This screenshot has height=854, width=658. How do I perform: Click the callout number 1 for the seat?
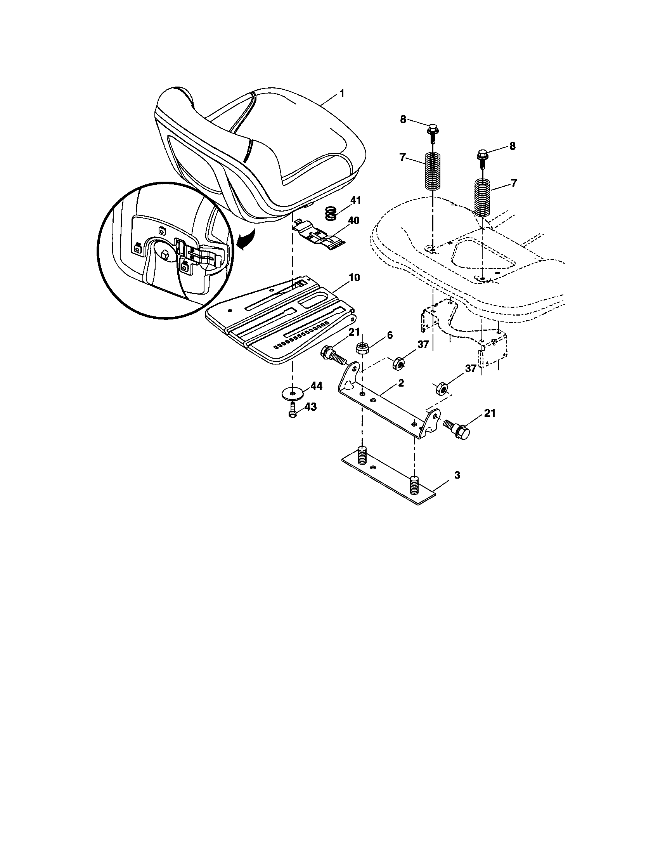[x=342, y=94]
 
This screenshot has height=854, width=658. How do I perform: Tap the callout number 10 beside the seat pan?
[x=354, y=278]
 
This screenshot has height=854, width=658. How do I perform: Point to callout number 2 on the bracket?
[x=400, y=383]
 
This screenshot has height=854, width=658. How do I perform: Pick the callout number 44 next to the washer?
[x=316, y=386]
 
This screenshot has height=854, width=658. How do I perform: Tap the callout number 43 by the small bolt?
[x=310, y=407]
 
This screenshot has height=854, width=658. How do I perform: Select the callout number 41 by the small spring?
[x=355, y=201]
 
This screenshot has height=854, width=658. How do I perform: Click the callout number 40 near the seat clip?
[x=353, y=221]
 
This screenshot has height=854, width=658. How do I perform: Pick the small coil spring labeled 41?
[x=331, y=213]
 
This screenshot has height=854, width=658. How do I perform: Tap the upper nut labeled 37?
[x=398, y=363]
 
